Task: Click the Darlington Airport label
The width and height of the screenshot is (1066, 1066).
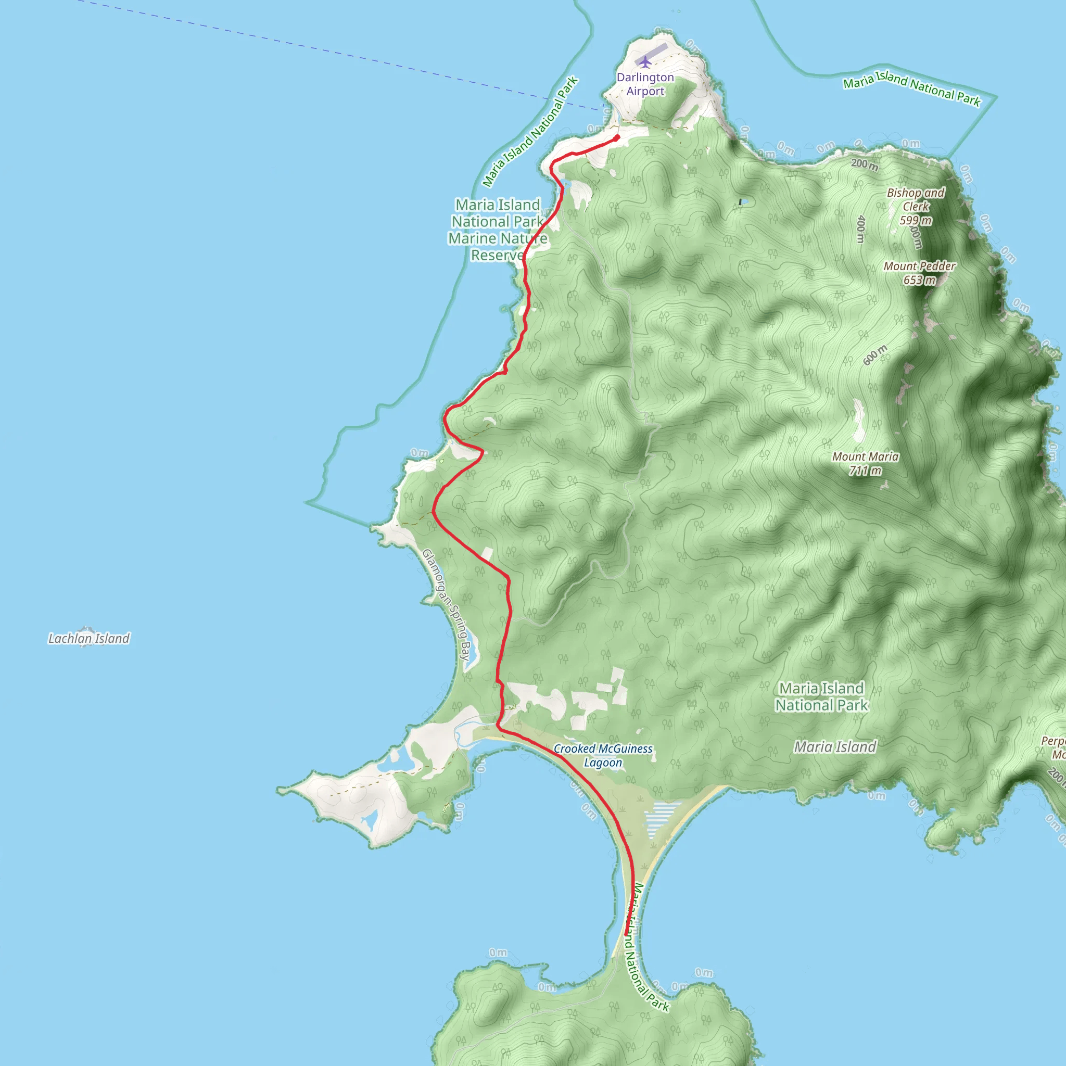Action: tap(645, 84)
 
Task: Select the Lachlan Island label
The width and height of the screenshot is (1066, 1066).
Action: tap(89, 638)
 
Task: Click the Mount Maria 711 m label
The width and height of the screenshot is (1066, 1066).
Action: tap(865, 463)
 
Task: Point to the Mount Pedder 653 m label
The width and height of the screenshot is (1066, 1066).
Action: tap(919, 273)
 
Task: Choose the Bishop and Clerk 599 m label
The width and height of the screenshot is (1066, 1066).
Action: tap(916, 206)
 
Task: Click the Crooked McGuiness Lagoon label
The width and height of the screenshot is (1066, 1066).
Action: tap(603, 755)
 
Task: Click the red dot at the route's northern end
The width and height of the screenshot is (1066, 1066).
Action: tap(617, 138)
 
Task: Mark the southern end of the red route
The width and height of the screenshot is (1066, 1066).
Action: tap(626, 934)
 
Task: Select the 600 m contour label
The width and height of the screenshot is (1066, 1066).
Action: tap(875, 355)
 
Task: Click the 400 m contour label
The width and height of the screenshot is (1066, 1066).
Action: tap(860, 229)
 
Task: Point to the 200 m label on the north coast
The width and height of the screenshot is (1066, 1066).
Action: tap(864, 164)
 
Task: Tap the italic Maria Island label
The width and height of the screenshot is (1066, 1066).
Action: tap(835, 747)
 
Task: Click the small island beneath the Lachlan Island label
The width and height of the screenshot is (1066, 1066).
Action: tap(86, 630)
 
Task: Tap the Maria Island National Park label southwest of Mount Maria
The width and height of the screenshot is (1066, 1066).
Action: tap(821, 696)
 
